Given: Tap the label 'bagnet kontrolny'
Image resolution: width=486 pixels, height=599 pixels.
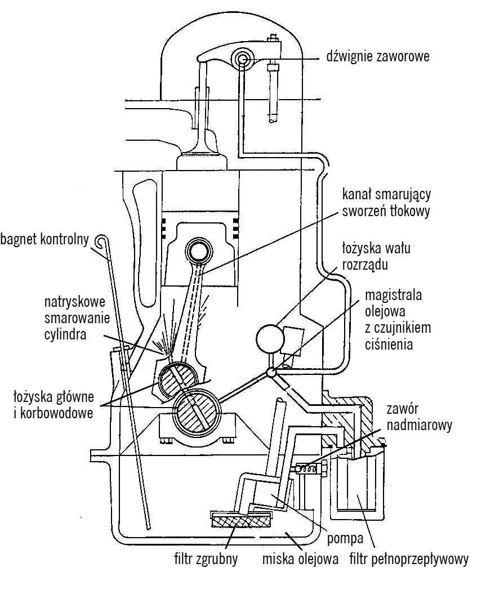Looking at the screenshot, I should (x=46, y=240).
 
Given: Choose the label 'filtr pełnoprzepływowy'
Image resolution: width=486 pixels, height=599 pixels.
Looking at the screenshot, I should (x=408, y=560).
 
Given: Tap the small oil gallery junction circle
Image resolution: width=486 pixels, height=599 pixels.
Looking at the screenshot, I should (x=271, y=373).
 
